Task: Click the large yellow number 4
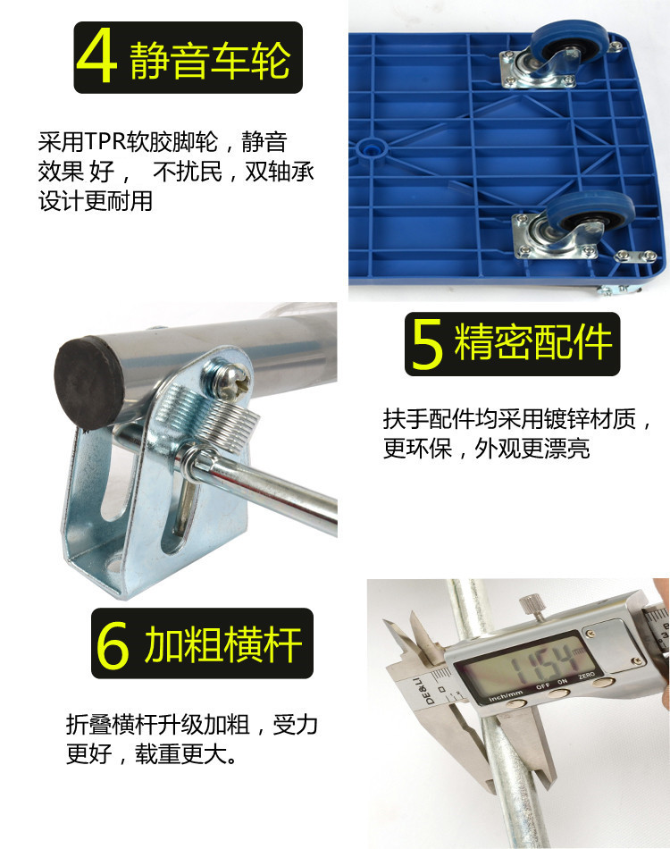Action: tap(96, 57)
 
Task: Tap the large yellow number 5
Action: tap(428, 344)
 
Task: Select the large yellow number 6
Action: tap(113, 644)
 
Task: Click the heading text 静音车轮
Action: tap(210, 59)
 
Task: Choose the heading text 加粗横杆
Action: tap(223, 643)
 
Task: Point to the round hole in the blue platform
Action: tap(370, 147)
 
